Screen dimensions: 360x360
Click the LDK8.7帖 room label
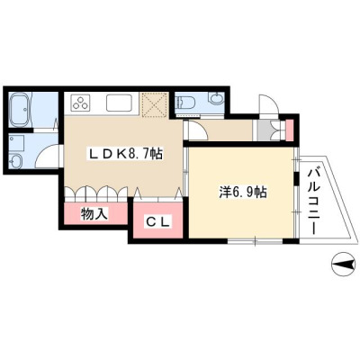pos(125,154)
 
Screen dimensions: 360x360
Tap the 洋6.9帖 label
pos(243,193)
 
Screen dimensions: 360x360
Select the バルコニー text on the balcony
pos(313,202)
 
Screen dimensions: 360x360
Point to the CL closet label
pos(158,222)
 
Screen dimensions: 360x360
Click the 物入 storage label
pos(94,214)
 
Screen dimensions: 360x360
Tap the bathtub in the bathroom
pos(20,110)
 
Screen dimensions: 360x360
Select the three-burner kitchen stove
pos(80,103)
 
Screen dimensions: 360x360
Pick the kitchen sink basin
pos(119,103)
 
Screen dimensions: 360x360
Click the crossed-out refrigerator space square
pos(154,104)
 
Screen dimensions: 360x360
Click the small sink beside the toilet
pos(217,98)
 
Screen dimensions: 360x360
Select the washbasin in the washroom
pos(15,161)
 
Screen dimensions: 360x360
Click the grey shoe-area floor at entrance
pos(264,130)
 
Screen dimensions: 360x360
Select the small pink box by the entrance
pos(289,130)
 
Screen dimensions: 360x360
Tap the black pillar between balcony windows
pos(296,179)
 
